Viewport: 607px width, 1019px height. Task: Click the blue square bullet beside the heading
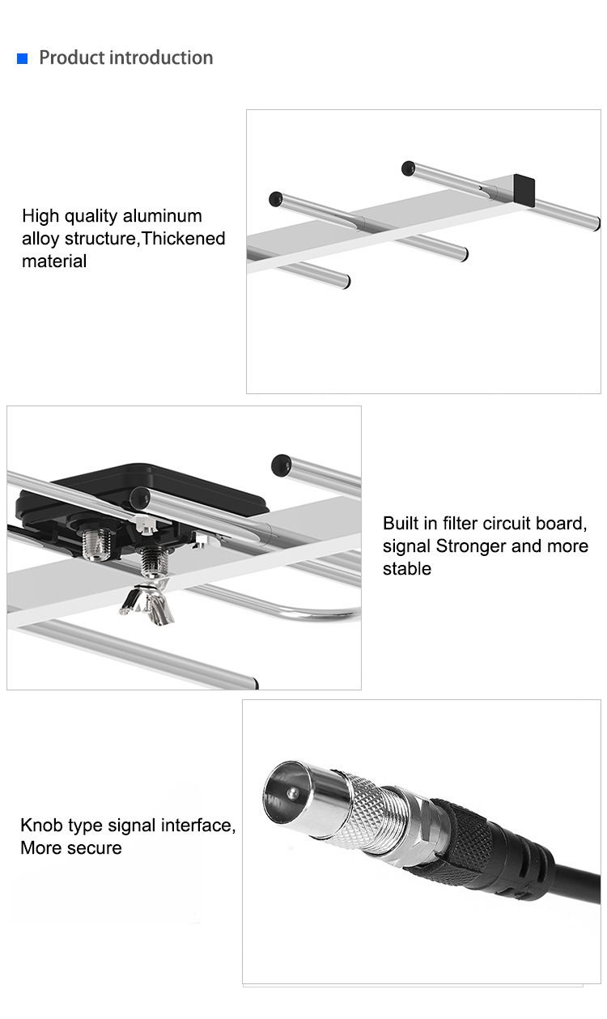(x=23, y=58)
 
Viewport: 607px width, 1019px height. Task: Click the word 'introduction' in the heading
(x=161, y=57)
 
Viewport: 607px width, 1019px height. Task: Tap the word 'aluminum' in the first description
(x=163, y=215)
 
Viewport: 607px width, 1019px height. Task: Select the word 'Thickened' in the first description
(x=184, y=239)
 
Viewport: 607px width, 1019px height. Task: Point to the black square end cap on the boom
(x=524, y=189)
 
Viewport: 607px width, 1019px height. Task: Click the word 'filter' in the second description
(x=457, y=523)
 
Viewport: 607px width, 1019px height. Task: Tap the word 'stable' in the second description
(x=407, y=569)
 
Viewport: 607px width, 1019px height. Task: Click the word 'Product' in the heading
(x=72, y=57)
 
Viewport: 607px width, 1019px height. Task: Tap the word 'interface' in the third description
(x=198, y=826)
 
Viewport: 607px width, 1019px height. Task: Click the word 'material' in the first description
(x=54, y=261)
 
